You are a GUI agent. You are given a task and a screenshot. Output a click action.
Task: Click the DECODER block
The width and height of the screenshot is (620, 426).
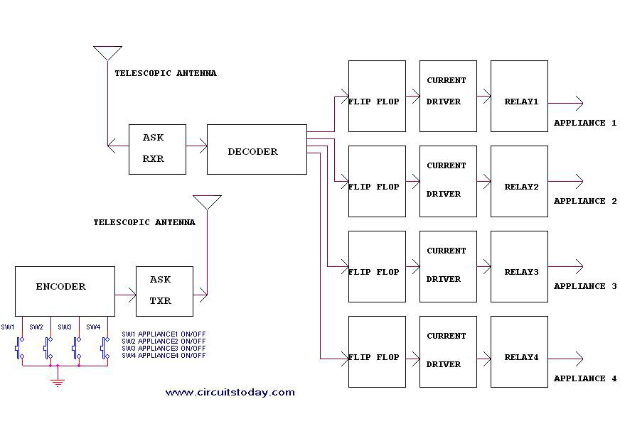coord(256,149)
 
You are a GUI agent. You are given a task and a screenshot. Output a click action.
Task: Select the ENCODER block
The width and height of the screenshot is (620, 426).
coord(65,291)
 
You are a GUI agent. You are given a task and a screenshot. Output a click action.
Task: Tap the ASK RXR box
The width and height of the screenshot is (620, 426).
coord(157,149)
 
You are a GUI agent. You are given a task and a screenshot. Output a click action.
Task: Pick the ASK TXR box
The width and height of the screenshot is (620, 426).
coord(164,291)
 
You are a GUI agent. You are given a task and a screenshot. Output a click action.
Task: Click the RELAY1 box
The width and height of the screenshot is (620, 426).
coord(519,96)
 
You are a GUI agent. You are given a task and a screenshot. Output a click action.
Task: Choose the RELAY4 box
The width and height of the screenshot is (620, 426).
coord(519,351)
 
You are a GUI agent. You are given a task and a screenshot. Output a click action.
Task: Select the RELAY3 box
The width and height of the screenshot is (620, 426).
coord(519,266)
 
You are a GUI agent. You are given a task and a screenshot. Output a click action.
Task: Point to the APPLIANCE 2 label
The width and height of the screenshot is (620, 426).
coord(585,201)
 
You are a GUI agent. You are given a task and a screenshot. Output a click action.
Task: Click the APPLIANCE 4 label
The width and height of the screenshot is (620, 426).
coord(585,378)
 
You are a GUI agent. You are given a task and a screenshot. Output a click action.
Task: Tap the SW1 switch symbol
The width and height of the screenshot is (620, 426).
coord(20,348)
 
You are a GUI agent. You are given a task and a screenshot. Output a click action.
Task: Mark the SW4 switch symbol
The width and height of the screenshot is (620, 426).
coord(105,348)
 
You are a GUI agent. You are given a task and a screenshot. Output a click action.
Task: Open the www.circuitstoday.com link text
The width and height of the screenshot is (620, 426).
coord(230,392)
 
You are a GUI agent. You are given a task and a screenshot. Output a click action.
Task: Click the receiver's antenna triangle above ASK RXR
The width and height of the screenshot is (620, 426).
coord(107,53)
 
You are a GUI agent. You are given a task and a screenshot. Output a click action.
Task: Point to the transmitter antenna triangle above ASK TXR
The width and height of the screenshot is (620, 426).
coord(207,202)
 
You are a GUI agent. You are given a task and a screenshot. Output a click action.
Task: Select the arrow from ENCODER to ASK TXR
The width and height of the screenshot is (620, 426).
coord(125,294)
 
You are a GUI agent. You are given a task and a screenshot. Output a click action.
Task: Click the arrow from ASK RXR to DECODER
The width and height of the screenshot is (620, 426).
coord(196,148)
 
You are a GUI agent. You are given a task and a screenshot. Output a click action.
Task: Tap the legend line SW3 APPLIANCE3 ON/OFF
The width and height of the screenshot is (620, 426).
coord(164,349)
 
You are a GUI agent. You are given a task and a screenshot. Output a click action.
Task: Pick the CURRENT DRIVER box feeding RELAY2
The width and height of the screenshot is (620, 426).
coord(448,181)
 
